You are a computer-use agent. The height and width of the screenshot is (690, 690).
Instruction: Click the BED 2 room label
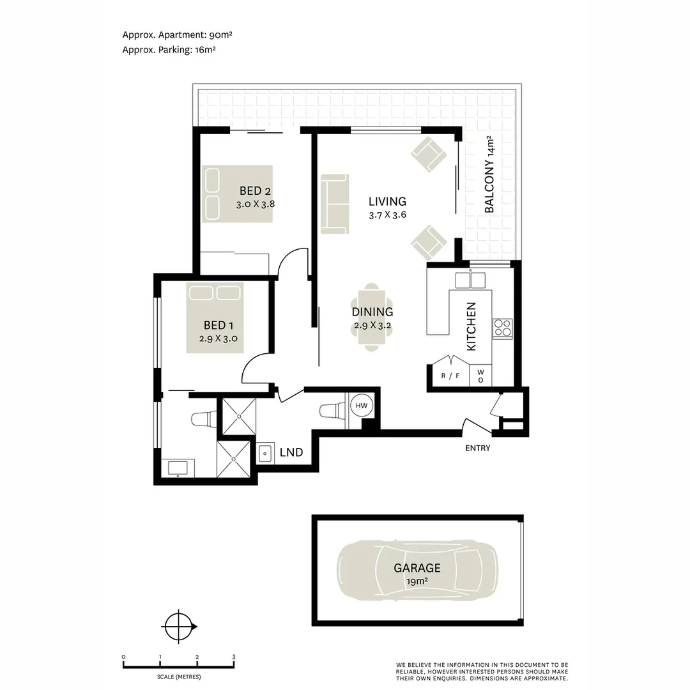click(251, 190)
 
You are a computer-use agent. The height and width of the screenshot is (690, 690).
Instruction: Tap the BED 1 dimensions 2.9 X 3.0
click(218, 339)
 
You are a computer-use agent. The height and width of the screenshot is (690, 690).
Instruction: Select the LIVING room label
click(387, 201)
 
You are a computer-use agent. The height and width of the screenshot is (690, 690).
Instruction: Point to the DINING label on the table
click(372, 312)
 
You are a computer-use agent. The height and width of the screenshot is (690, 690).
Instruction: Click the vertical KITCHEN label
click(471, 326)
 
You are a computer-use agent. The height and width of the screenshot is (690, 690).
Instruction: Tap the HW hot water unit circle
click(362, 406)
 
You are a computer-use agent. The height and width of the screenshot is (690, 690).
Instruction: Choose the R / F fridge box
click(450, 376)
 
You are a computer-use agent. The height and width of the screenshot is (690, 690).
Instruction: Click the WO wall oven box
click(480, 376)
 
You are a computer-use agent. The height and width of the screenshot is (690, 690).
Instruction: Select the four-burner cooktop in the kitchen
click(502, 328)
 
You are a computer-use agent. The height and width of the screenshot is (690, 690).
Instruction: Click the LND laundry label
click(291, 452)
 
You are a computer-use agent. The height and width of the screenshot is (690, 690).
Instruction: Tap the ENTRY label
click(478, 448)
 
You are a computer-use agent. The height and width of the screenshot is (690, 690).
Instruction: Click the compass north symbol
click(178, 627)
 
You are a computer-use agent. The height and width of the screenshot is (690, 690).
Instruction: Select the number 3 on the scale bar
click(234, 657)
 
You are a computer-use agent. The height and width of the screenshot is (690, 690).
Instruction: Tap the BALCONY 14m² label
click(490, 174)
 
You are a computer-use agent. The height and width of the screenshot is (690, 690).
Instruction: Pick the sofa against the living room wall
click(335, 204)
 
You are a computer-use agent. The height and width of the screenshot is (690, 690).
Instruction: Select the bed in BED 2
click(237, 194)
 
